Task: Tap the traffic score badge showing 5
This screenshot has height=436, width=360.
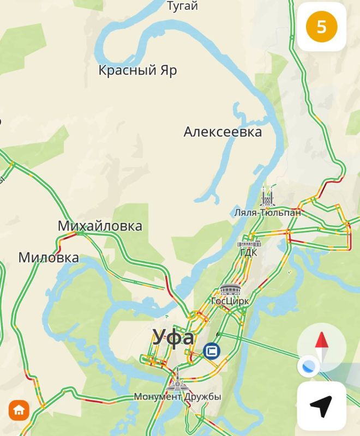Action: (321, 27)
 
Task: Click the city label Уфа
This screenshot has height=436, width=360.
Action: (173, 337)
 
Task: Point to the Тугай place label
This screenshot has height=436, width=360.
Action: (182, 6)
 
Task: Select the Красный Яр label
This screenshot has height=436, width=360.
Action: (137, 70)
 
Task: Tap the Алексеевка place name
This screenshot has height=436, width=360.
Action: (223, 132)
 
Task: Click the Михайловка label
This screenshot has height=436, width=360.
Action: (100, 226)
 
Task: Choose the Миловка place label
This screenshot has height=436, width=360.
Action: (49, 257)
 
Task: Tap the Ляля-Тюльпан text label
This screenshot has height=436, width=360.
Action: (267, 213)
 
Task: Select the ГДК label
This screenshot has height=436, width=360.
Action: (248, 252)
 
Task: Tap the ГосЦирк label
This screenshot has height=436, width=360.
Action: (230, 301)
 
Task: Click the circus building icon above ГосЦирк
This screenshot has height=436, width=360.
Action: (230, 289)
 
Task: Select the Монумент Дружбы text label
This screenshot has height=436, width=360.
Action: (178, 397)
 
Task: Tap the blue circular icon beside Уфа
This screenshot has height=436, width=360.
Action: (211, 351)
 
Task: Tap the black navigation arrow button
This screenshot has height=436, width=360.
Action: (321, 406)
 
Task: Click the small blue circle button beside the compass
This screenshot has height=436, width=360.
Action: (308, 366)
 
